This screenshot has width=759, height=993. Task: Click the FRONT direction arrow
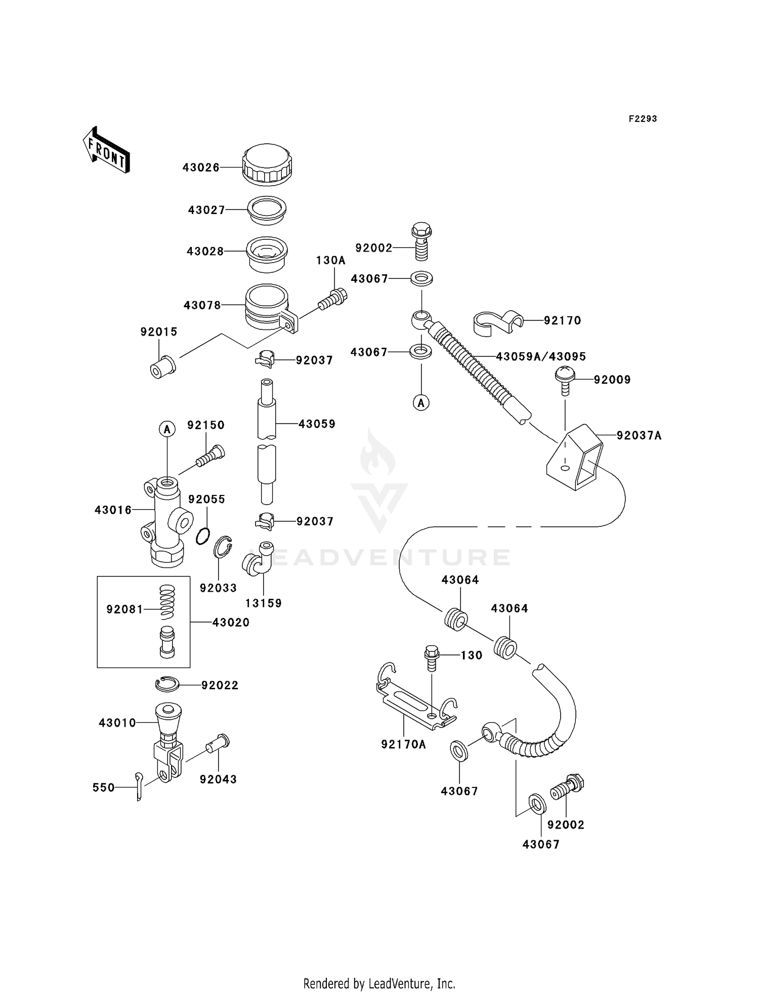tap(106, 150)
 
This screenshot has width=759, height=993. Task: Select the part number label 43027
tap(206, 210)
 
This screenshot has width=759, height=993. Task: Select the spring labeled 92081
tap(167, 602)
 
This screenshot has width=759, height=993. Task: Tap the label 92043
tap(218, 779)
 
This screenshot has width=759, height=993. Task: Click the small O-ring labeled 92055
tap(202, 536)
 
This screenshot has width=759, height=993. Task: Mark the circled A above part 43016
tap(167, 430)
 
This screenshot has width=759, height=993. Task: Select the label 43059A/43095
tap(541, 357)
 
